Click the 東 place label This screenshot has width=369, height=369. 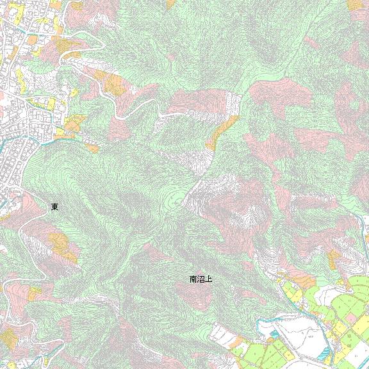pyautogui.click(x=55, y=207)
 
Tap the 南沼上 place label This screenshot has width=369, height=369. pyautogui.click(x=201, y=279)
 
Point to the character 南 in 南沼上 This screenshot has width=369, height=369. pyautogui.click(x=193, y=279)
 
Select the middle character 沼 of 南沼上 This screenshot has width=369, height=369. pyautogui.click(x=201, y=279)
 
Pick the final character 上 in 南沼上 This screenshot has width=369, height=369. pyautogui.click(x=208, y=279)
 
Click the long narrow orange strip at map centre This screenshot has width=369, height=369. pyautogui.click(x=222, y=132)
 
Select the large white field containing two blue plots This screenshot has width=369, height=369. pyautogui.click(x=307, y=340)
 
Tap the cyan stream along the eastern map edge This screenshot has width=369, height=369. pyautogui.click(x=365, y=224)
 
